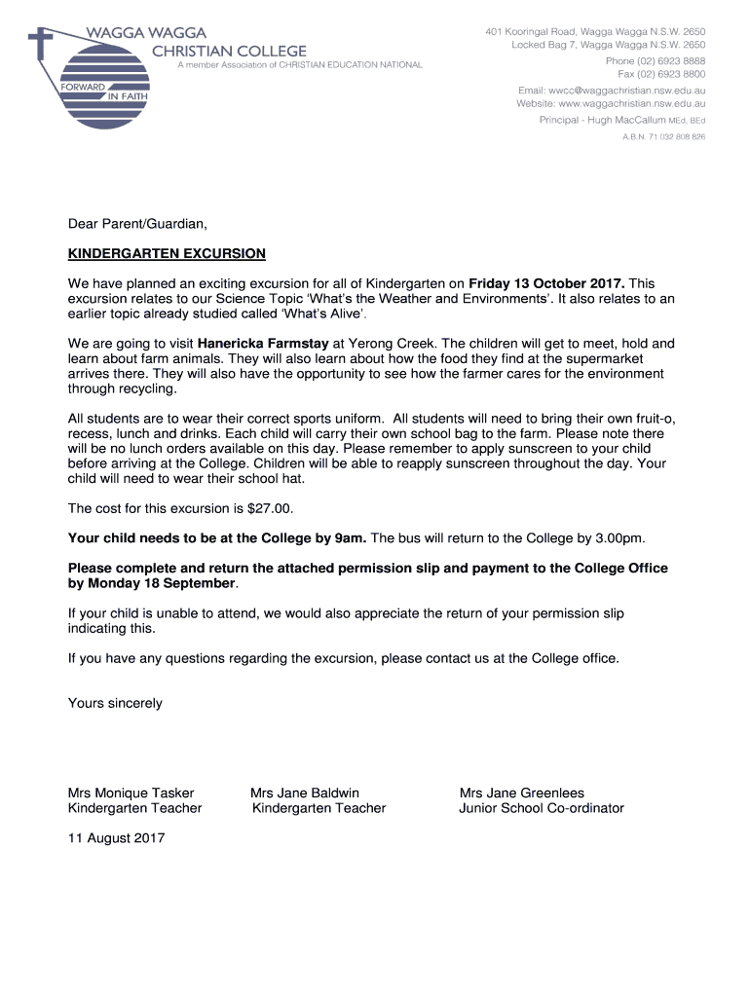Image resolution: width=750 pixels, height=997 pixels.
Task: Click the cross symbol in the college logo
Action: (x=41, y=43)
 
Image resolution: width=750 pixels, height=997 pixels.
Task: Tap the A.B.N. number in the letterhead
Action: (x=664, y=137)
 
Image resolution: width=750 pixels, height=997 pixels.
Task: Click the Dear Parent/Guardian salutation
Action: (x=137, y=225)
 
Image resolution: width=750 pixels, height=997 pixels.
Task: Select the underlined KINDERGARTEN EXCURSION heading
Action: (x=167, y=254)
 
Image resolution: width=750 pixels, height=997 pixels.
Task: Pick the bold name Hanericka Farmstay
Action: (x=263, y=344)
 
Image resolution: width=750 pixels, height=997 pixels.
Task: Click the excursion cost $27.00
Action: (x=270, y=508)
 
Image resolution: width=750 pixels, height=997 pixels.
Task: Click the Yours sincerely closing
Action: (x=115, y=703)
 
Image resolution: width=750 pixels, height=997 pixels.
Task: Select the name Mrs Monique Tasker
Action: (x=131, y=793)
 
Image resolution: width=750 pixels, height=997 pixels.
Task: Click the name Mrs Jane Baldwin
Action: (x=305, y=793)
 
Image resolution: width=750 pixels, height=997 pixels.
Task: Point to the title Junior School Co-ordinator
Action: (x=542, y=808)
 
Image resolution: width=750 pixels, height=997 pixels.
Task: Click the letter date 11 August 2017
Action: (x=116, y=837)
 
